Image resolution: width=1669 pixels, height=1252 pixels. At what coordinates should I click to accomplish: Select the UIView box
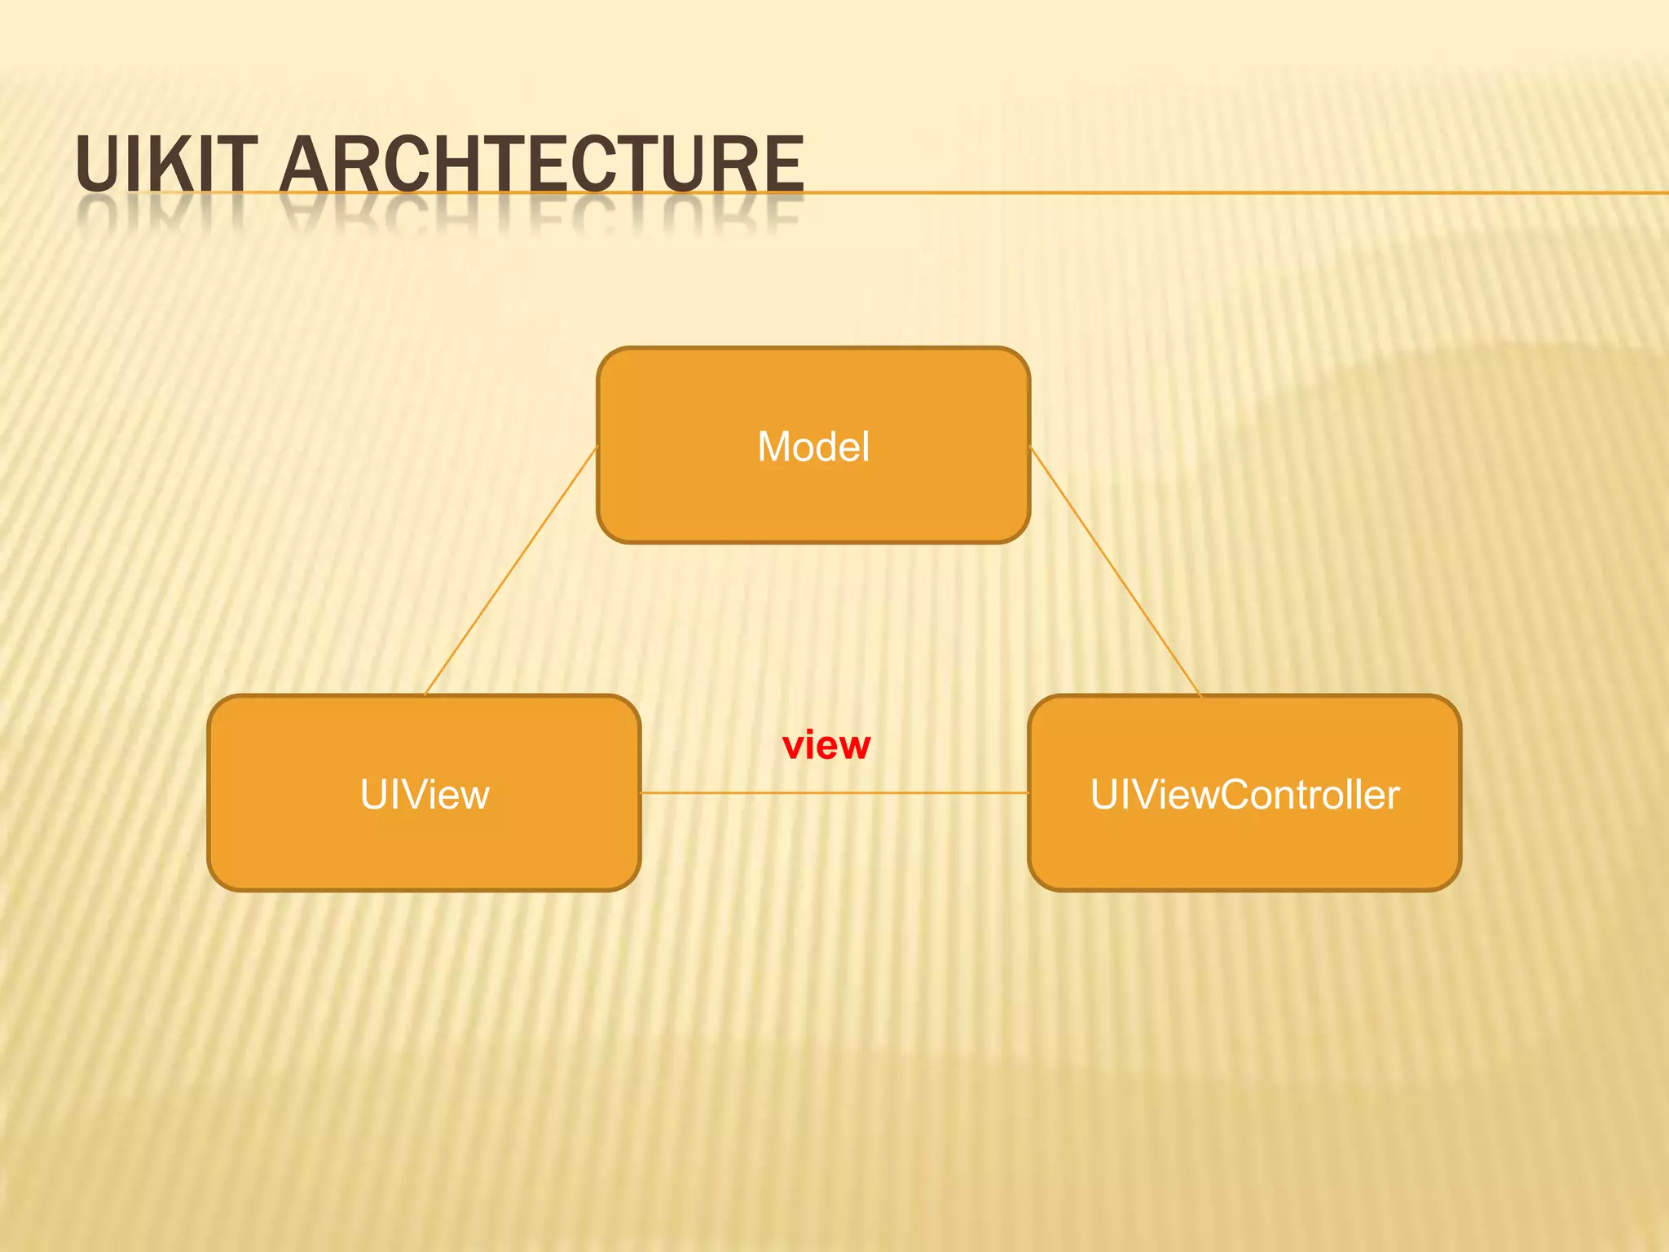click(424, 848)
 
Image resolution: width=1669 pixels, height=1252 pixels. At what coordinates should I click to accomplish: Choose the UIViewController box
click(1244, 848)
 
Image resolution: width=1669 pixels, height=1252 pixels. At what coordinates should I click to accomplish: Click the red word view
click(826, 745)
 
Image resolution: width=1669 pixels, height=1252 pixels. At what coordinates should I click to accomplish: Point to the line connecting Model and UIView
click(512, 571)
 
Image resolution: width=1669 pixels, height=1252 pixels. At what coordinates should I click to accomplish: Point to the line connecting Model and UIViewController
click(1116, 571)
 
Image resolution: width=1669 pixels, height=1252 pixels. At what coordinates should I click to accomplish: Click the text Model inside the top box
click(813, 447)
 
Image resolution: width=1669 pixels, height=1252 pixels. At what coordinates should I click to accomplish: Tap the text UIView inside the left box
click(424, 795)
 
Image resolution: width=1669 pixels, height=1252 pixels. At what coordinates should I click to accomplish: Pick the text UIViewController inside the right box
click(1244, 795)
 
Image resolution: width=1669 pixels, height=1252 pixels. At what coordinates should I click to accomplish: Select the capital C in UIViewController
click(1237, 795)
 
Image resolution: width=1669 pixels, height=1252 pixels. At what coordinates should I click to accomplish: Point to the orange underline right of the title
click(1222, 193)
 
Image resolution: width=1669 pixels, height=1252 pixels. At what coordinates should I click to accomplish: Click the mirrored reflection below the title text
click(440, 214)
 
